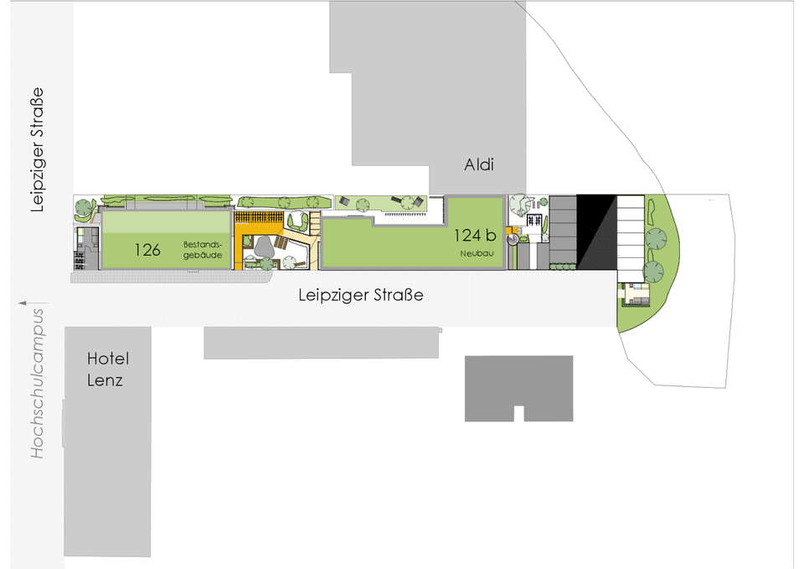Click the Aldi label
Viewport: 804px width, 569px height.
coord(479,165)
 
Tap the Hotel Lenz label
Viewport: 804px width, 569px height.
coord(108,370)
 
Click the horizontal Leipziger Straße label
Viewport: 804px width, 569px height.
coord(361,295)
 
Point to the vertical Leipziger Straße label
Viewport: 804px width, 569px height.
coord(37,150)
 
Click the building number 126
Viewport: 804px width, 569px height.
coord(147,249)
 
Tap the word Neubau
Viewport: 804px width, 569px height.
coord(474,253)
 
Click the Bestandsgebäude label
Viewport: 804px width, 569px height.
coord(203,250)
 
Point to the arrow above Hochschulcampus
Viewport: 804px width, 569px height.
coord(23,302)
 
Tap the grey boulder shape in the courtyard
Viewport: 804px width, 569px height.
coord(265,246)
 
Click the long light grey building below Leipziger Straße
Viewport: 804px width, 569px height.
coord(322,343)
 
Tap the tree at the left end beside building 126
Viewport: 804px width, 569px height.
coord(84,206)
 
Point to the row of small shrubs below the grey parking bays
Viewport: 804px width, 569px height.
coord(563,267)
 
